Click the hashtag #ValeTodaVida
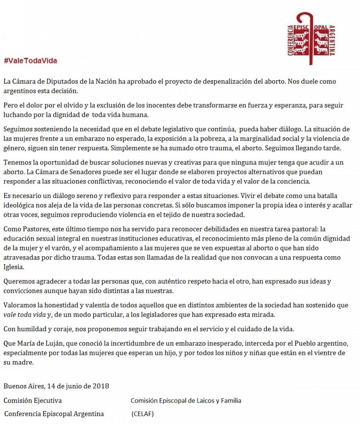[30, 61]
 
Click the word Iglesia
[14, 267]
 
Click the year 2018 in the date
[101, 386]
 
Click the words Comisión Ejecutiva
[33, 400]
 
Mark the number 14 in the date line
[51, 386]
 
